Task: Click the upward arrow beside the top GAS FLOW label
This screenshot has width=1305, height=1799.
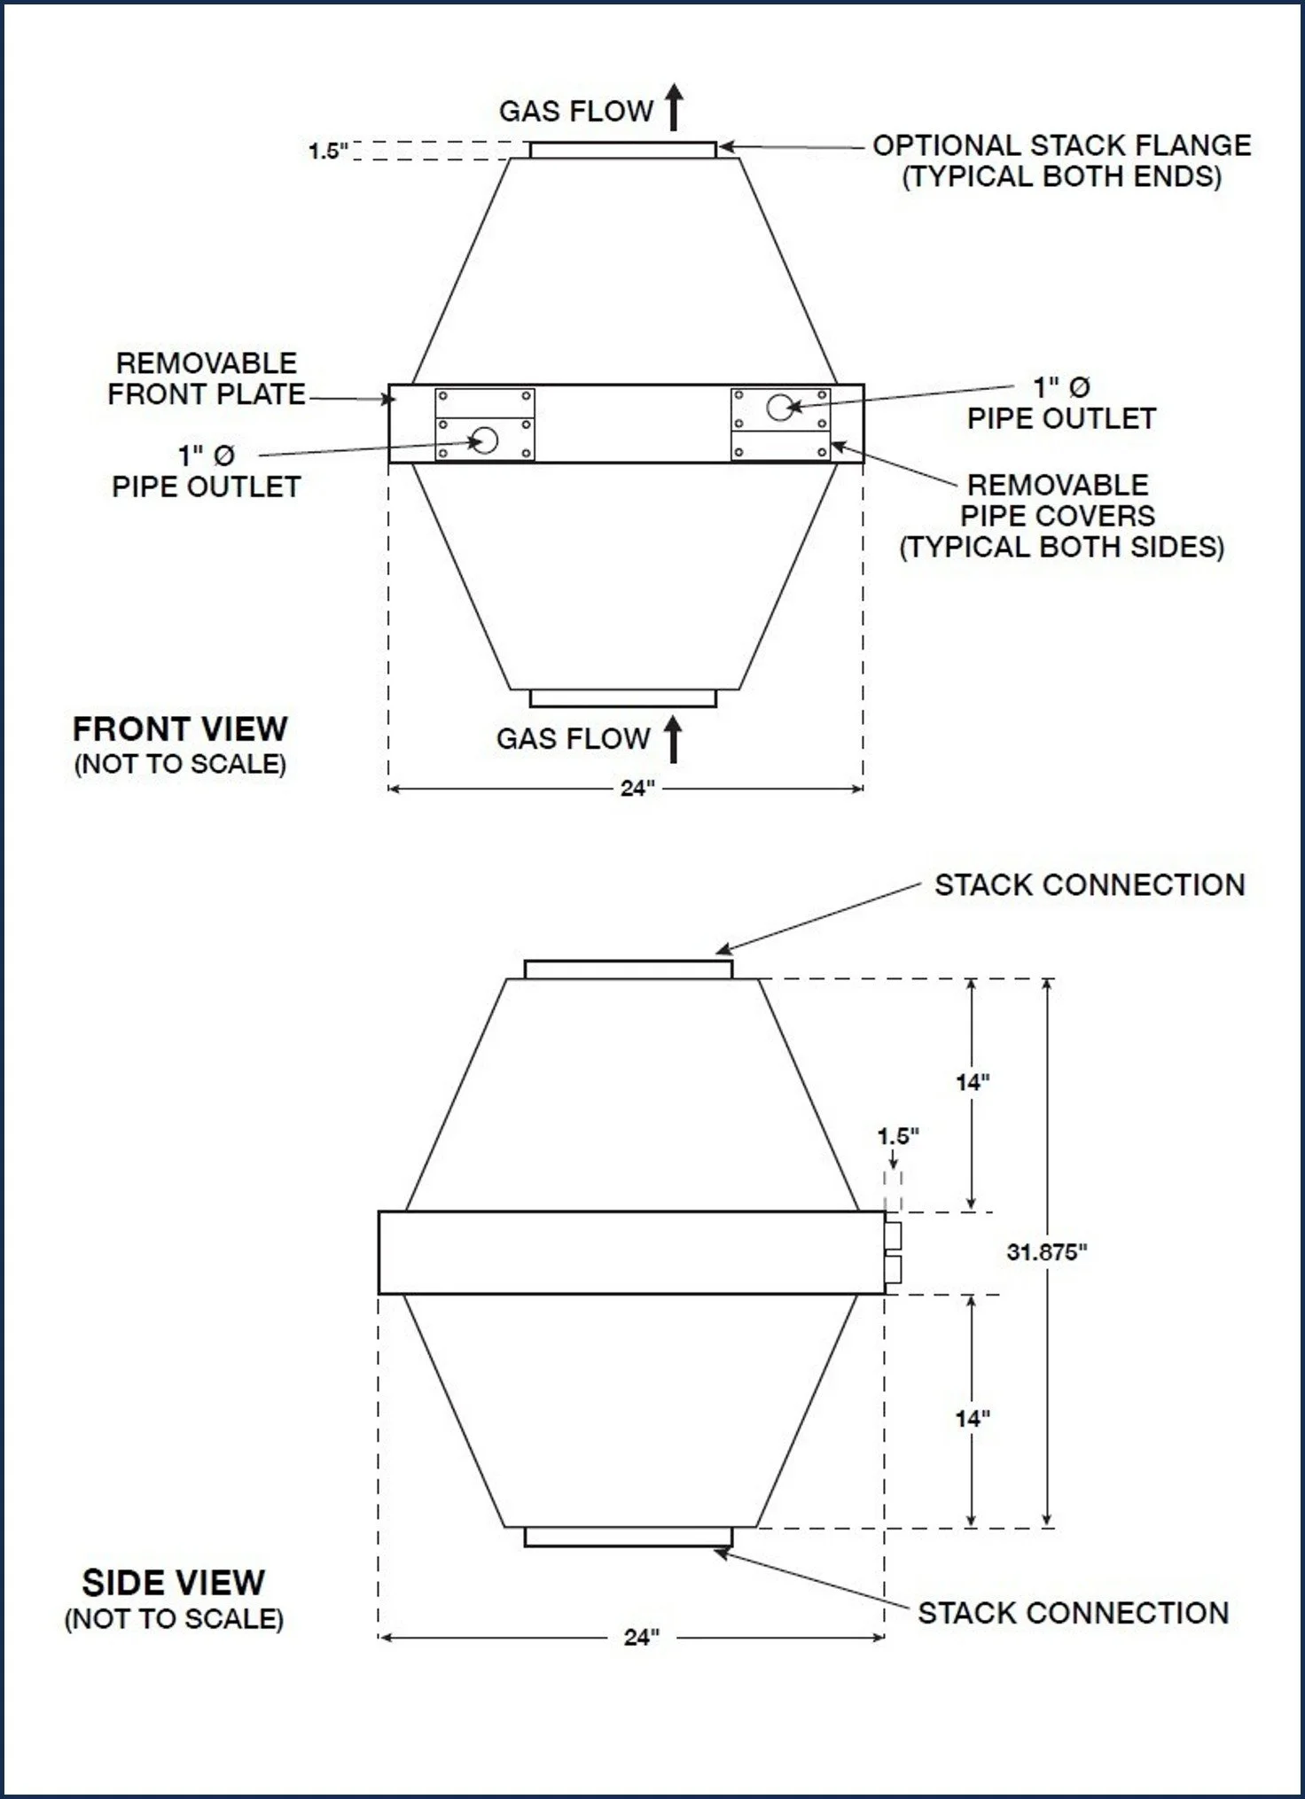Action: point(675,107)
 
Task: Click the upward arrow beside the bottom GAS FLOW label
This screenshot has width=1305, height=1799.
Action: point(674,739)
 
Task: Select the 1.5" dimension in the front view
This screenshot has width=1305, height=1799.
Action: point(328,151)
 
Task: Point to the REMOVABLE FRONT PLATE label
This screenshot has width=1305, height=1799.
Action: point(206,378)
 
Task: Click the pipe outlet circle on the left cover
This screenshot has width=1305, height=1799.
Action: point(485,440)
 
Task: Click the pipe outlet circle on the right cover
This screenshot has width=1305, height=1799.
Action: point(780,408)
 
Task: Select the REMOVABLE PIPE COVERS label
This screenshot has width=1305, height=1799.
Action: point(1061,516)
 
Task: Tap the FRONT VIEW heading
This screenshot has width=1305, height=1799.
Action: point(180,729)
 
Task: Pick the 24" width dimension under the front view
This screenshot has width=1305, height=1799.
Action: point(637,788)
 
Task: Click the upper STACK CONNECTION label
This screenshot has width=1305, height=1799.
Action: point(1090,884)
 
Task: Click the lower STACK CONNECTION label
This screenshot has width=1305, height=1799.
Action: point(1073,1613)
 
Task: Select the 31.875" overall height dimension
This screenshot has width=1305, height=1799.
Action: point(1046,1252)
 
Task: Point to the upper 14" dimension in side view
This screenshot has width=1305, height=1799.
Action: point(973,1082)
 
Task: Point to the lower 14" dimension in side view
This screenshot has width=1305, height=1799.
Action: point(973,1419)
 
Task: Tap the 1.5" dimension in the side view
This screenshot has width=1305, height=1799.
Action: point(898,1136)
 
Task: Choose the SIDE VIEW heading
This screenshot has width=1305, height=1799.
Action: point(174,1583)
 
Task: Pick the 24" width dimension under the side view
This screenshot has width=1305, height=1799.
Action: point(641,1637)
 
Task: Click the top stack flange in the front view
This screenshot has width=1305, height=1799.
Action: point(622,150)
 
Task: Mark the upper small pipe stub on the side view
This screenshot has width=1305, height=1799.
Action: point(893,1235)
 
